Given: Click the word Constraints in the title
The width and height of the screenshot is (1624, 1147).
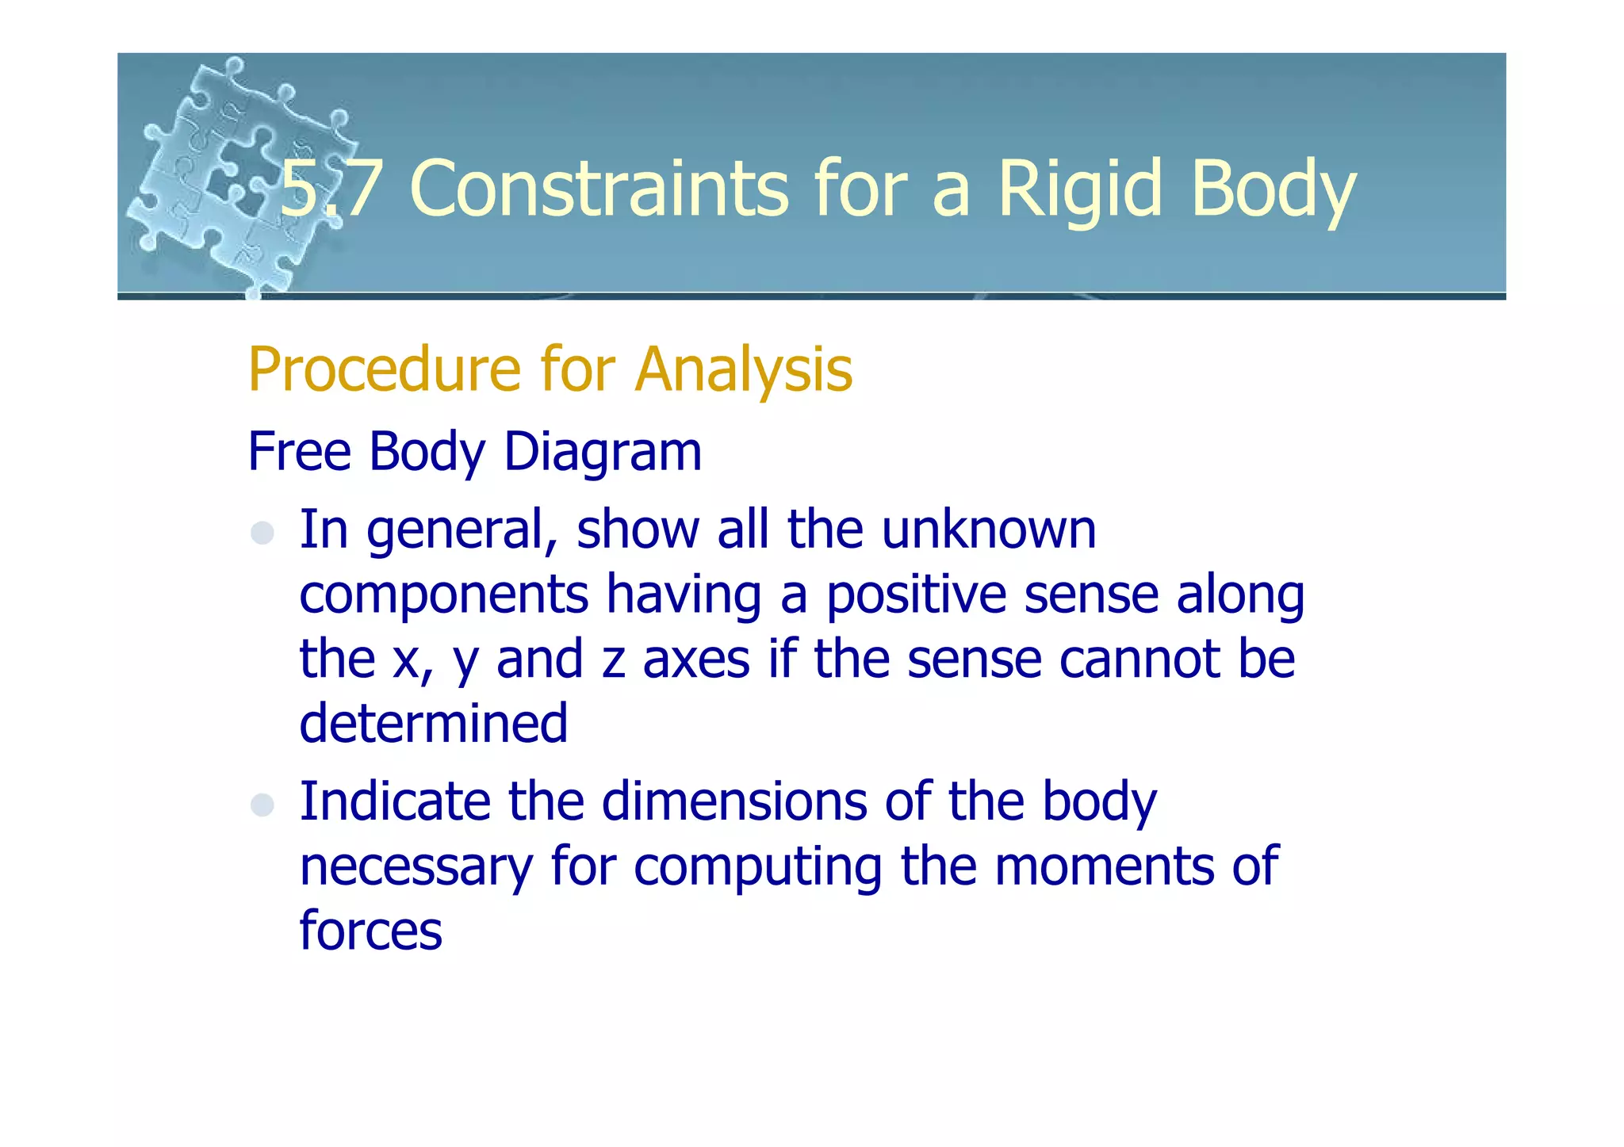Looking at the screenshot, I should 599,189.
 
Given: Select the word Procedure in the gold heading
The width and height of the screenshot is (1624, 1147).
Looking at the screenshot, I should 385,370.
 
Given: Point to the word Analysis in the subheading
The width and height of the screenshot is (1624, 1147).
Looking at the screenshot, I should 743,370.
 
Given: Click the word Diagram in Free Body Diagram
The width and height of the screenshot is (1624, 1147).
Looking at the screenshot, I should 603,452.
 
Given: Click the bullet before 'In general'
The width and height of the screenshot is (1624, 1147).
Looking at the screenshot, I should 262,533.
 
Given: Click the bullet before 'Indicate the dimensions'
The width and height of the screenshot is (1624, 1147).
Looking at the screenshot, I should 262,805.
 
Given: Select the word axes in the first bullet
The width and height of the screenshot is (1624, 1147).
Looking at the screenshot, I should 695,660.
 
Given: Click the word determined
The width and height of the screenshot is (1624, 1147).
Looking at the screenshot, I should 433,723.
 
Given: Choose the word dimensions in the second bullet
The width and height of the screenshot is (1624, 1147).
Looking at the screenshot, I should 733,801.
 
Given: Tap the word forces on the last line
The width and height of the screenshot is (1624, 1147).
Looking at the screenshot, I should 370,931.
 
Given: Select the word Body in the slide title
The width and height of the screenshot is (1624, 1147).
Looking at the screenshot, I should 1273,189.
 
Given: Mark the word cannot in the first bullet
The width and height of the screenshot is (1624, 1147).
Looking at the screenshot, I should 1139,660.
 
